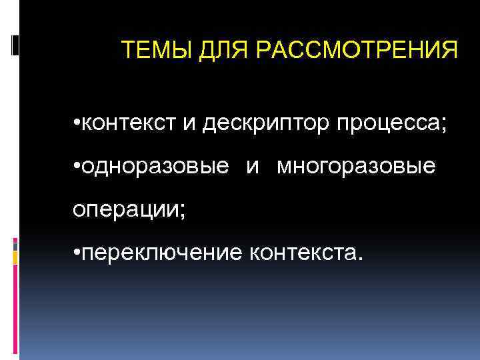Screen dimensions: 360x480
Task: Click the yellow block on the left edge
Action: pyautogui.click(x=15, y=255)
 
